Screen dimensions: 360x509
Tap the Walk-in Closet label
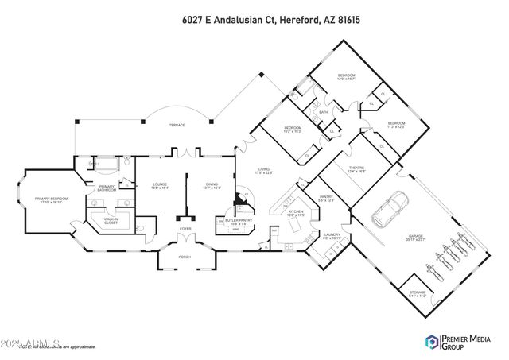click(117, 222)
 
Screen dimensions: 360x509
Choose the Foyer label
click(185, 229)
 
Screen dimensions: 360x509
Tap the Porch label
click(185, 257)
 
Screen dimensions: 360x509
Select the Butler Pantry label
click(239, 222)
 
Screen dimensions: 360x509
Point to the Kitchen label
click(296, 212)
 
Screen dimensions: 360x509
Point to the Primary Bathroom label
click(107, 189)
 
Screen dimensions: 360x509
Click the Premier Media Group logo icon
click(433, 342)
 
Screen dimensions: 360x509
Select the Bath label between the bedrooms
click(324, 112)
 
